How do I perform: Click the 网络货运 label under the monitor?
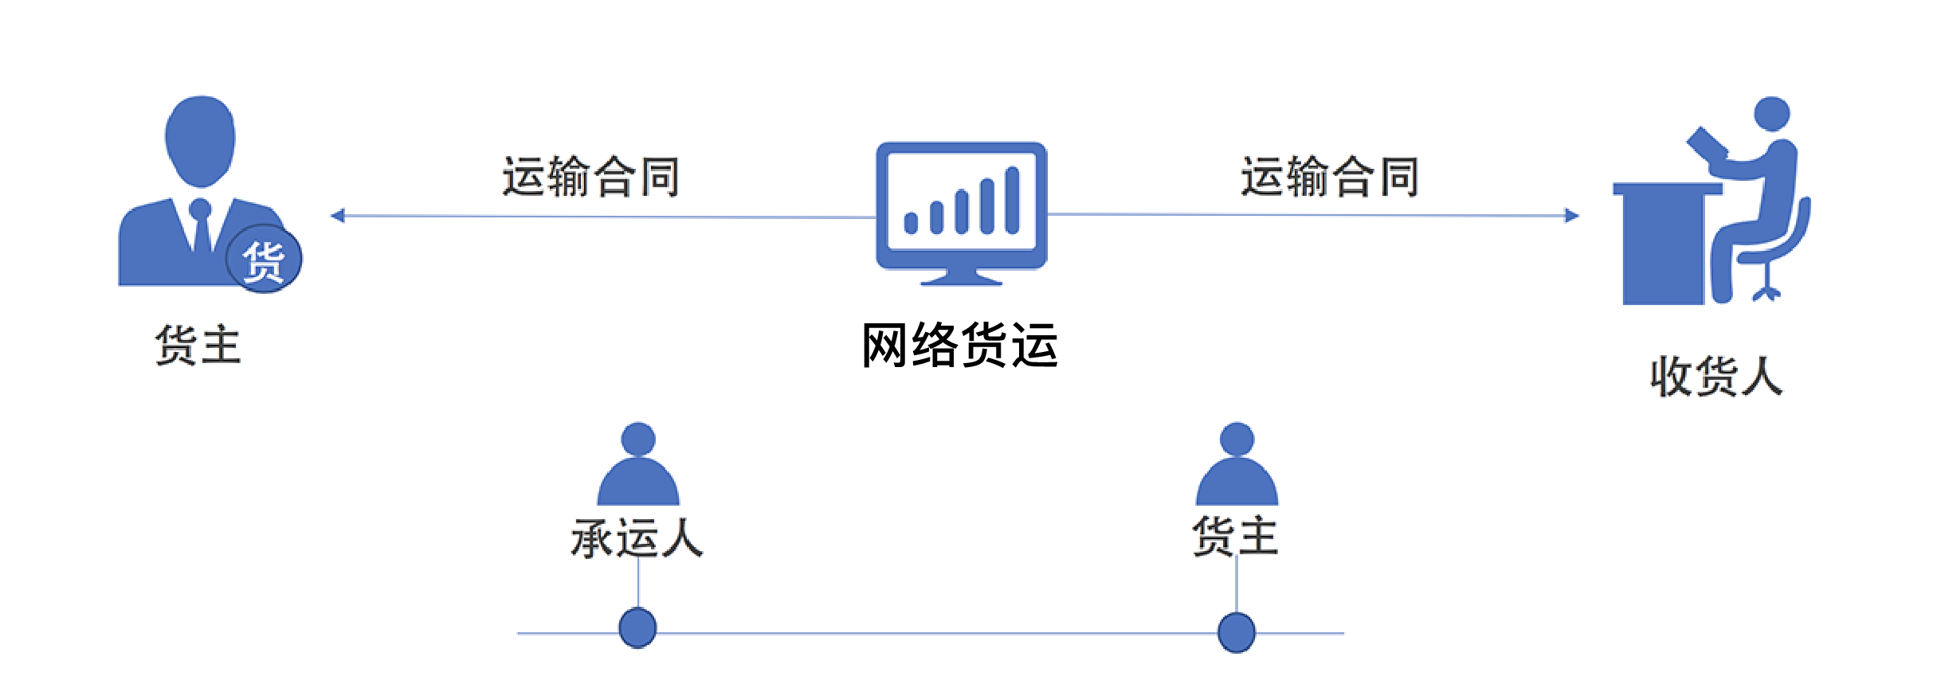tap(959, 346)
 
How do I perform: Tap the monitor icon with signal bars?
tap(961, 211)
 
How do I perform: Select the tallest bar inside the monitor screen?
tap(1012, 201)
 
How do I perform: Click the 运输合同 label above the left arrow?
tap(590, 176)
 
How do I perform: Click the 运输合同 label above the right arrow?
tap(1329, 176)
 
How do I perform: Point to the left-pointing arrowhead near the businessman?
tap(338, 216)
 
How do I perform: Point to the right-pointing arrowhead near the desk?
tap(1571, 216)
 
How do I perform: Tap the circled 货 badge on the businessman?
tap(264, 260)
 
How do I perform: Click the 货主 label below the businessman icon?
tap(198, 346)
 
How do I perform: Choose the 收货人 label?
tap(1715, 377)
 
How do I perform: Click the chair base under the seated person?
tap(1766, 292)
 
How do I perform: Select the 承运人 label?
tap(637, 538)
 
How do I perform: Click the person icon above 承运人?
tap(638, 465)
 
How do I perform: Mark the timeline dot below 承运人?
tap(638, 628)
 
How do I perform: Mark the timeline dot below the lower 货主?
tap(1237, 633)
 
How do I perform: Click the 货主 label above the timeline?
tap(1235, 535)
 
